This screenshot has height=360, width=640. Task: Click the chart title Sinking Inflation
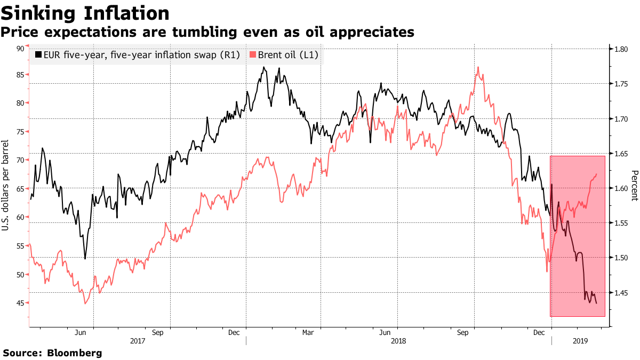click(x=86, y=13)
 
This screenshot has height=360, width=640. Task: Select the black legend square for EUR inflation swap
click(x=38, y=54)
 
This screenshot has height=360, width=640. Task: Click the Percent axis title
click(x=634, y=186)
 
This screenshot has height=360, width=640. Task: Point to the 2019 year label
click(x=580, y=340)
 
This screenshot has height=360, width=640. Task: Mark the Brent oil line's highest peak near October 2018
click(x=478, y=67)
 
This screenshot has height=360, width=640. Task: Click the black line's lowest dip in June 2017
click(x=85, y=259)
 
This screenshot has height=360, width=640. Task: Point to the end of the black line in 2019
click(x=596, y=303)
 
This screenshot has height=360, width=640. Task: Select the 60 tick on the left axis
click(x=20, y=217)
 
